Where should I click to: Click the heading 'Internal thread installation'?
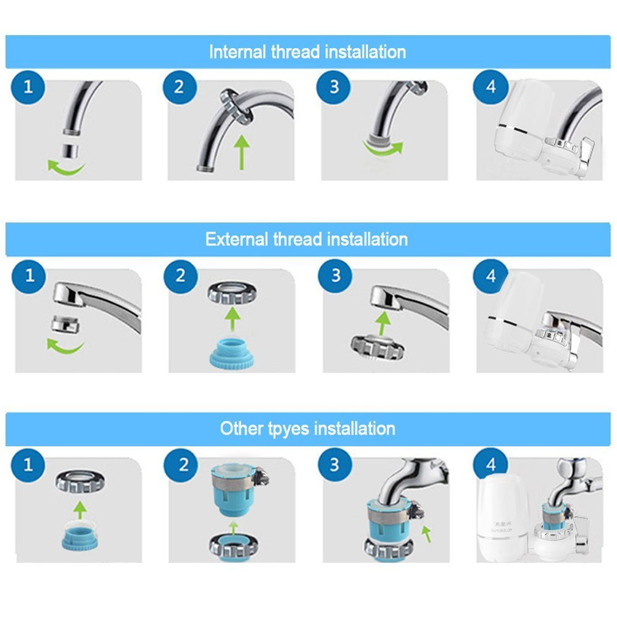(x=307, y=51)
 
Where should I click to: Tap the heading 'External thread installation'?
(x=307, y=239)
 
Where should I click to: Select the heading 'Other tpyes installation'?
(x=307, y=428)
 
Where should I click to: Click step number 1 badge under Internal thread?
(x=27, y=86)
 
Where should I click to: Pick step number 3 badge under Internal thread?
(x=334, y=86)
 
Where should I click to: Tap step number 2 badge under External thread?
(x=180, y=275)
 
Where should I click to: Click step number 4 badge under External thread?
(x=491, y=275)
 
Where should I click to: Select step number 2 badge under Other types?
(x=183, y=464)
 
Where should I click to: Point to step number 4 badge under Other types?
(x=491, y=464)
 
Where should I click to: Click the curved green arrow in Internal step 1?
(x=66, y=165)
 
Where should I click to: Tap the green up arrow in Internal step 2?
(x=241, y=152)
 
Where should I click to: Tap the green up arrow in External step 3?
(x=384, y=321)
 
